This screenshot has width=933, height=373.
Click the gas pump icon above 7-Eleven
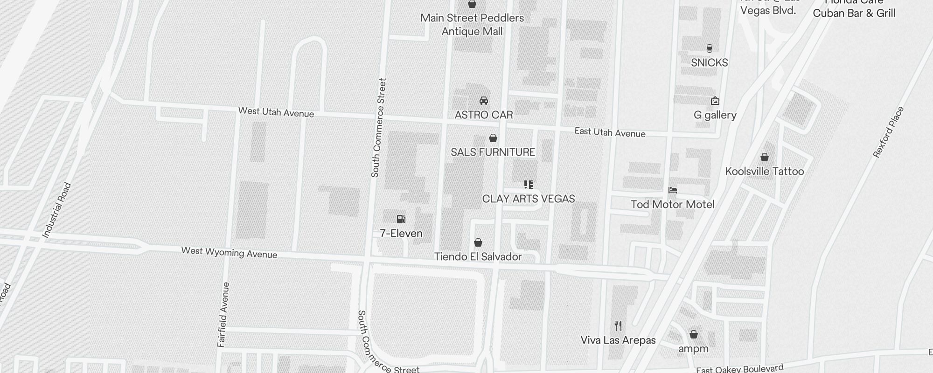[401, 219]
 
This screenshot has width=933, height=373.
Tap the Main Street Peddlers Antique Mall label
[472, 25]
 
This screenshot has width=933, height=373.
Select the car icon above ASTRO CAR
[484, 101]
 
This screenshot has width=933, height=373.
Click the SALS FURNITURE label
[493, 152]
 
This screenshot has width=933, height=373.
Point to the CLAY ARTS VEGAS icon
[528, 185]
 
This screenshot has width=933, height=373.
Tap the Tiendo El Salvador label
[478, 256]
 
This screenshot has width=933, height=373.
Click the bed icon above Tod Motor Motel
[672, 190]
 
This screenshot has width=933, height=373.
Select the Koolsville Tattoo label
[764, 171]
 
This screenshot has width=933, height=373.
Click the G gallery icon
[715, 101]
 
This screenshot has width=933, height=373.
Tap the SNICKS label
[709, 62]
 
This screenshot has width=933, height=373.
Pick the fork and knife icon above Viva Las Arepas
[618, 325]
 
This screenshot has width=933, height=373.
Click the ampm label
[693, 349]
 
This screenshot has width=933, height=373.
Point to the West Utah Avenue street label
[276, 112]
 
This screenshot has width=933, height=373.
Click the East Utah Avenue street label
[610, 132]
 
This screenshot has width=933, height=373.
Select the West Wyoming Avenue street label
[229, 253]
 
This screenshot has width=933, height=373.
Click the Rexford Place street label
[888, 132]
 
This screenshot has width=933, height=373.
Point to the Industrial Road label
[56, 210]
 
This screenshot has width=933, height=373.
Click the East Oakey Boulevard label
[739, 369]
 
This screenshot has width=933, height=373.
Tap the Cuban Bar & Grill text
[854, 13]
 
